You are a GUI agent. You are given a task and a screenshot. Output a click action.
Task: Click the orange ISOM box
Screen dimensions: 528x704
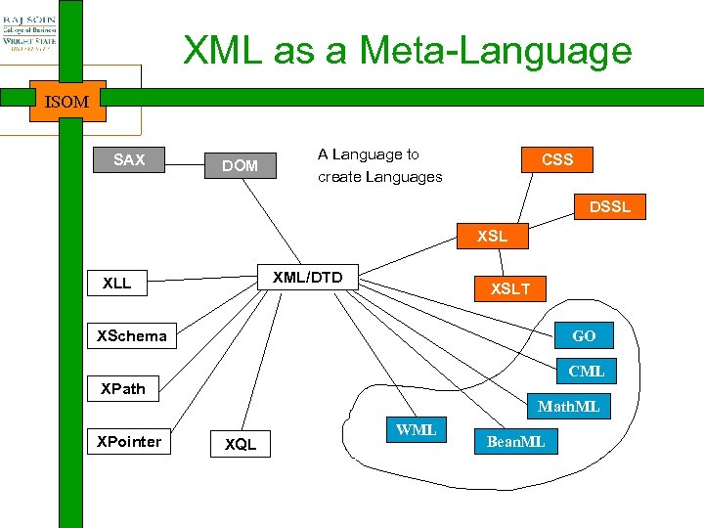(x=66, y=101)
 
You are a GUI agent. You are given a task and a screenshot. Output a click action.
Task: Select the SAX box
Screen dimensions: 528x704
(x=129, y=160)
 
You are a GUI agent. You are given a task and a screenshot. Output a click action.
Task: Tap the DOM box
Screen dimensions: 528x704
(x=240, y=166)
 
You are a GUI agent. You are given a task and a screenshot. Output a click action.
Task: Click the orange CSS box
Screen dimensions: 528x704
(x=556, y=159)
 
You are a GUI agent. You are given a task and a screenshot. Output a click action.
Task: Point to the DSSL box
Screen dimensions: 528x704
(x=609, y=206)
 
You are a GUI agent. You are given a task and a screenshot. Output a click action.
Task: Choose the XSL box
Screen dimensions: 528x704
(x=492, y=237)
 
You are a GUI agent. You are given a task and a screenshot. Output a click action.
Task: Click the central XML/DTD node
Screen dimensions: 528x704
(x=308, y=278)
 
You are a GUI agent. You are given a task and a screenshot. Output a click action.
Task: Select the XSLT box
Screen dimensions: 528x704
(x=510, y=288)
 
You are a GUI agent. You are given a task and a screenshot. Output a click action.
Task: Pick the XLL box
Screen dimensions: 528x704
(x=116, y=284)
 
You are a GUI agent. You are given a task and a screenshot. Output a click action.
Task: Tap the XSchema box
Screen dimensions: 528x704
(x=132, y=336)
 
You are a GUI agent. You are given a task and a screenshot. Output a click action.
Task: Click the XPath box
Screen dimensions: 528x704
(x=123, y=388)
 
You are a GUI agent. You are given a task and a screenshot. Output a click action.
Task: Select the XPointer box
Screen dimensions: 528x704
(x=129, y=441)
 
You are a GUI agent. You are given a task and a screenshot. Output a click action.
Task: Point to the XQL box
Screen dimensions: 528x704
(x=241, y=444)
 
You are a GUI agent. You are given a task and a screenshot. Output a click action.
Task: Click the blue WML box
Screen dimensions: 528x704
(x=417, y=430)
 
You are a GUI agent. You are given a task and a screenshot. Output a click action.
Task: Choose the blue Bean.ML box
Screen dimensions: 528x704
(x=516, y=442)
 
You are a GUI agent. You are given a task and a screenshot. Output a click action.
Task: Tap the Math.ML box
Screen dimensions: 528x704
(x=569, y=406)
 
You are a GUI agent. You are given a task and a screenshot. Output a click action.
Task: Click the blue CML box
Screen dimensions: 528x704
(x=586, y=371)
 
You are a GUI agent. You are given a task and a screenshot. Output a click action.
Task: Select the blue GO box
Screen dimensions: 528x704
(x=584, y=335)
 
